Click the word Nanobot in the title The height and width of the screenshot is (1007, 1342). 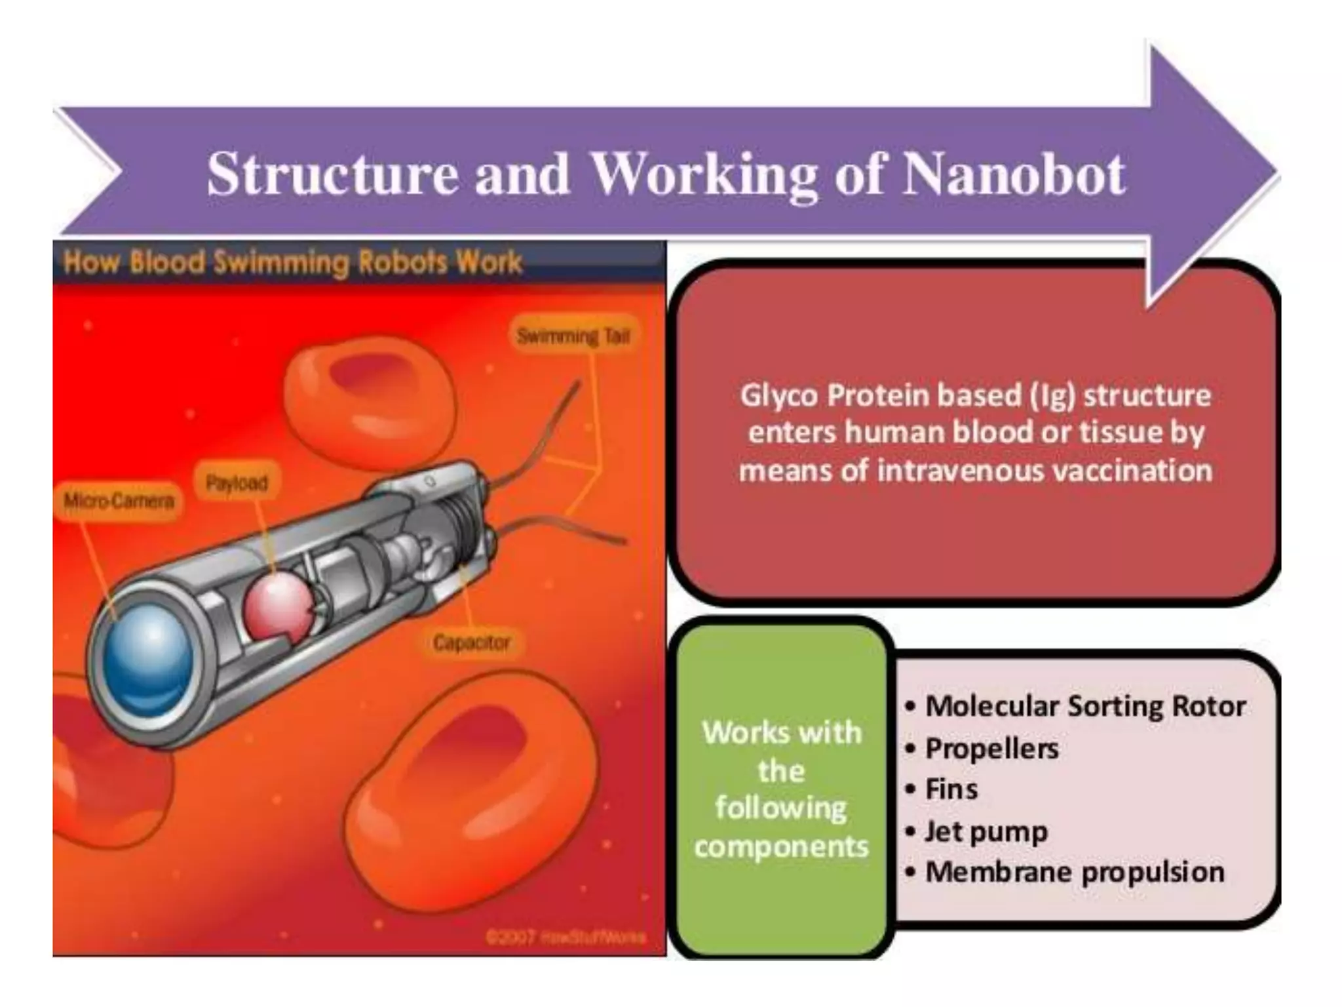pyautogui.click(x=1013, y=174)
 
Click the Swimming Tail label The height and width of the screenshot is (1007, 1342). pyautogui.click(x=573, y=336)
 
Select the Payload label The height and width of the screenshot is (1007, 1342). pyautogui.click(x=237, y=483)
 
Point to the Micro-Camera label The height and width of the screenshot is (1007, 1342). pyautogui.click(x=119, y=502)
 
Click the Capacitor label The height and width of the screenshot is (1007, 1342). pyautogui.click(x=471, y=642)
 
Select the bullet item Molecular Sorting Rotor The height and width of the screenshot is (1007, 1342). pyautogui.click(x=1084, y=707)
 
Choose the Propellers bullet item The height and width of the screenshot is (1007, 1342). pyautogui.click(x=991, y=749)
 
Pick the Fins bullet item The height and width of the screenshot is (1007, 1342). pyautogui.click(x=951, y=789)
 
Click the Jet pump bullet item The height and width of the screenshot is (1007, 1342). pyautogui.click(x=986, y=831)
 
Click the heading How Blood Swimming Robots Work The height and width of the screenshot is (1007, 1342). pyautogui.click(x=292, y=262)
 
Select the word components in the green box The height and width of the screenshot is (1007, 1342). pyautogui.click(x=781, y=846)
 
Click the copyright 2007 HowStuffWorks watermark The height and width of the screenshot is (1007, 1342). pyautogui.click(x=566, y=937)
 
